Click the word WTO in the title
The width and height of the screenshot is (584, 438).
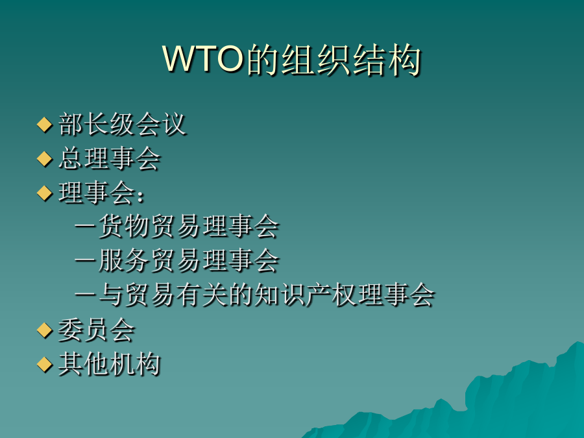(203, 59)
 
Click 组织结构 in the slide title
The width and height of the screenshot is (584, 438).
(351, 60)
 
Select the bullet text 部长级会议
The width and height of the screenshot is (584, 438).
(122, 124)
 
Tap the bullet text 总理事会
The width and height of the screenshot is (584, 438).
(110, 158)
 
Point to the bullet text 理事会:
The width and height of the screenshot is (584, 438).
(101, 193)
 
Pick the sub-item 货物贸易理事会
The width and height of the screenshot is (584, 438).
(189, 226)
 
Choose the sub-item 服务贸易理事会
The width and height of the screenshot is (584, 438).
(189, 260)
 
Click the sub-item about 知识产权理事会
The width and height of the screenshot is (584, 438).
(267, 295)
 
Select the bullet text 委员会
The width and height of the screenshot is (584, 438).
(97, 330)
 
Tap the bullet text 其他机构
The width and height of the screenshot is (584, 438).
(110, 364)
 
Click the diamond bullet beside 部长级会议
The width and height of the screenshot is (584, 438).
(45, 125)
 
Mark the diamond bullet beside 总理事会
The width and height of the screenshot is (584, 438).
(45, 159)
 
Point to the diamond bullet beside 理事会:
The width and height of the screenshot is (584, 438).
(45, 193)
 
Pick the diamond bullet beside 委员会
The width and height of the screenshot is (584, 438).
(45, 330)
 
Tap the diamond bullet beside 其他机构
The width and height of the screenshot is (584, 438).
(45, 364)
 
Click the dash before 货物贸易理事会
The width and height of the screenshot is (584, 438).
(85, 226)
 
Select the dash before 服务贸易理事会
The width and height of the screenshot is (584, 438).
(85, 260)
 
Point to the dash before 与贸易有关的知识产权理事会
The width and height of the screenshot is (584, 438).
(85, 295)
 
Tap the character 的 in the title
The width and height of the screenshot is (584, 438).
(263, 60)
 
